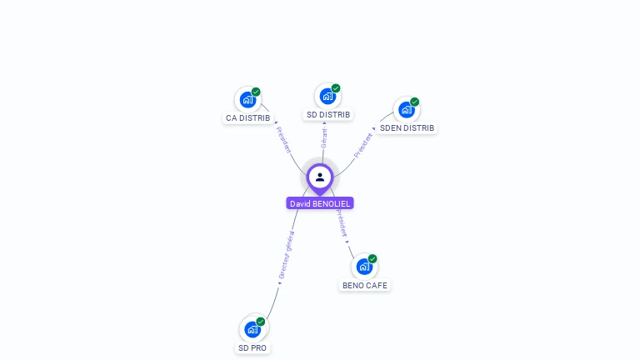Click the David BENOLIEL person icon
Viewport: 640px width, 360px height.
(x=320, y=177)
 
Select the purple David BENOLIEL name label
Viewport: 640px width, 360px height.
(x=320, y=203)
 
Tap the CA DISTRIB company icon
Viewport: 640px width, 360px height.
(x=247, y=100)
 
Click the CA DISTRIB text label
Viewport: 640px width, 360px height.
(x=247, y=118)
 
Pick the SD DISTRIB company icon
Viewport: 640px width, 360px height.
(x=327, y=97)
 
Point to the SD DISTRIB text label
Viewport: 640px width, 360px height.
(x=328, y=114)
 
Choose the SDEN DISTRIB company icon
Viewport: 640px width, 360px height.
(x=406, y=110)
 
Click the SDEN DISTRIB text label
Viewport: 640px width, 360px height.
(x=407, y=128)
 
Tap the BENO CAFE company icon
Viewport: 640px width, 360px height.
(x=364, y=267)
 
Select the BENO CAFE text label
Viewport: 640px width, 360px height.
(x=365, y=285)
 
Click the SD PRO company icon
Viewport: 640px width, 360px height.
(x=252, y=329)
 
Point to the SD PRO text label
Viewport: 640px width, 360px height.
(x=252, y=347)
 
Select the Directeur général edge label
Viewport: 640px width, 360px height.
(x=287, y=254)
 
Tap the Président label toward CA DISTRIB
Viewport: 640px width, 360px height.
(x=283, y=139)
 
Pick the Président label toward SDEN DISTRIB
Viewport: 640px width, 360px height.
(x=364, y=144)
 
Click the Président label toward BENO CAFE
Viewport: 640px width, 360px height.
(x=342, y=223)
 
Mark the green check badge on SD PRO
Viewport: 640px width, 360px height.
(x=261, y=321)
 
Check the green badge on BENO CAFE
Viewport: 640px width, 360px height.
(x=372, y=258)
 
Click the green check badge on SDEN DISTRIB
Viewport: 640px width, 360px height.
(x=414, y=102)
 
